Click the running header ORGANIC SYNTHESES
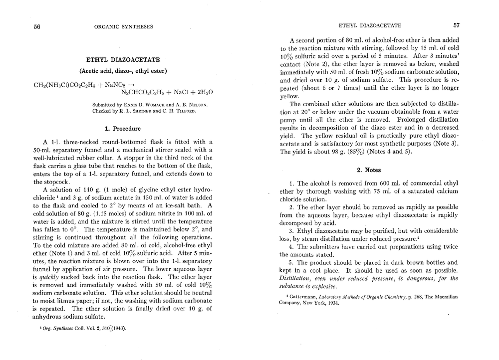pyautogui.click(x=123, y=26)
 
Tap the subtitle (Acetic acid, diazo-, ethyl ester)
pyautogui.click(x=123, y=70)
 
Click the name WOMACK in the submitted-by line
pyautogui.click(x=157, y=105)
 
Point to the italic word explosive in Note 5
pyautogui.click(x=327, y=286)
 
